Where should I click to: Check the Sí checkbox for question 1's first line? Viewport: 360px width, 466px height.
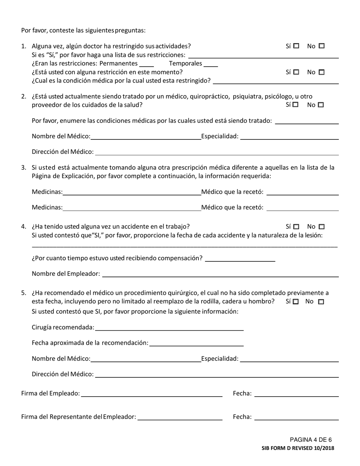coord(296,46)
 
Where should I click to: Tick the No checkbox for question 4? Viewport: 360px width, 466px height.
coord(322,227)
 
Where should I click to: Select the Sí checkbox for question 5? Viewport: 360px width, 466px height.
coord(296,302)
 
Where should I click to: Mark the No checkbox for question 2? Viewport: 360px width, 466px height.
coord(321,105)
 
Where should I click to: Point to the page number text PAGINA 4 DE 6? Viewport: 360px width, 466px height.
coord(311,440)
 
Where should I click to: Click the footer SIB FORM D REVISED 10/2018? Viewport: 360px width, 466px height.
coord(298,448)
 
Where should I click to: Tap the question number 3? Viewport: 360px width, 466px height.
coord(23,167)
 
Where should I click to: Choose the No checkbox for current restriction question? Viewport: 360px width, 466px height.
coord(322,72)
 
